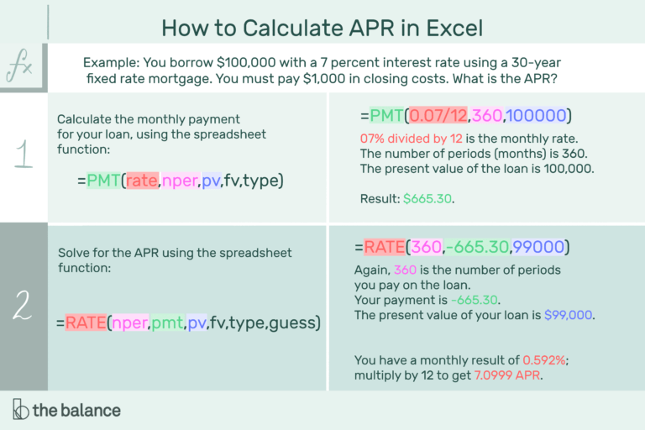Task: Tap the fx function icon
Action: (x=20, y=67)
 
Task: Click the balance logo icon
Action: (x=21, y=410)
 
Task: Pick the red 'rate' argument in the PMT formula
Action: (x=142, y=180)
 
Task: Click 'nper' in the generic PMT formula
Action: (x=178, y=180)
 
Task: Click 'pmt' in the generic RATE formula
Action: (x=169, y=322)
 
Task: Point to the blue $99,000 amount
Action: (x=569, y=316)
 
